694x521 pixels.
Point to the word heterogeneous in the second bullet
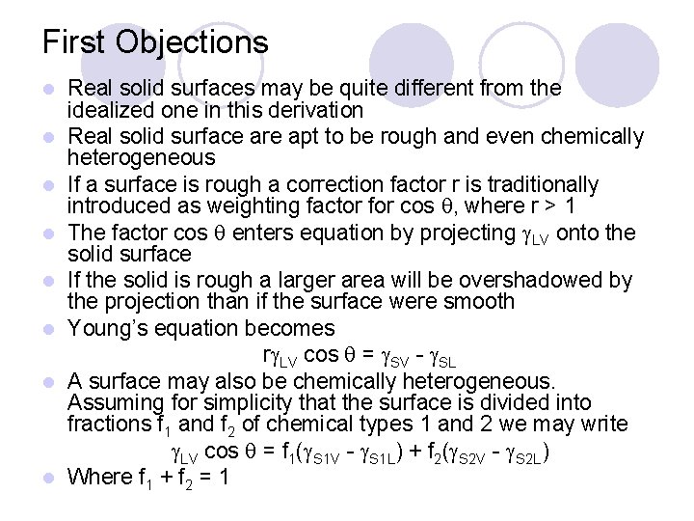coord(142,158)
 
